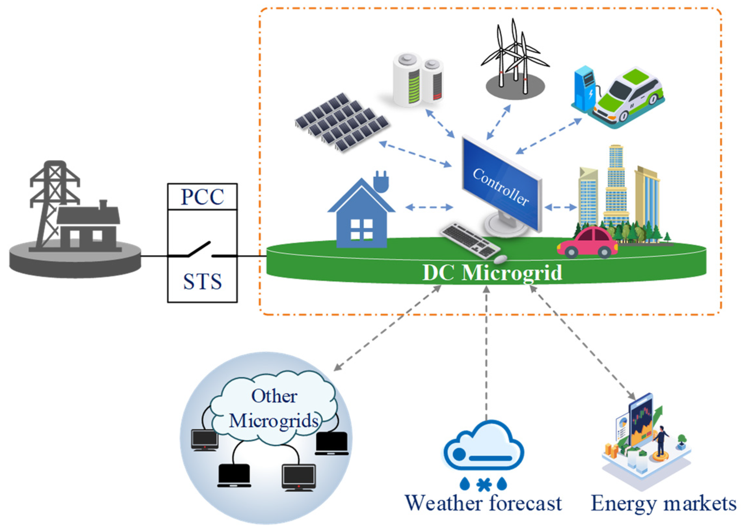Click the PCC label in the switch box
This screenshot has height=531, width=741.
(202, 197)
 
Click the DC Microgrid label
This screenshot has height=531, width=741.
(492, 273)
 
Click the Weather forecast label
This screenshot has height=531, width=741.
(483, 503)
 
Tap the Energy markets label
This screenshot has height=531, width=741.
(663, 504)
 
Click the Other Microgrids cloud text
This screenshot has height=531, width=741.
(274, 409)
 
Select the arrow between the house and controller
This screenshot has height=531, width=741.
(429, 207)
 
